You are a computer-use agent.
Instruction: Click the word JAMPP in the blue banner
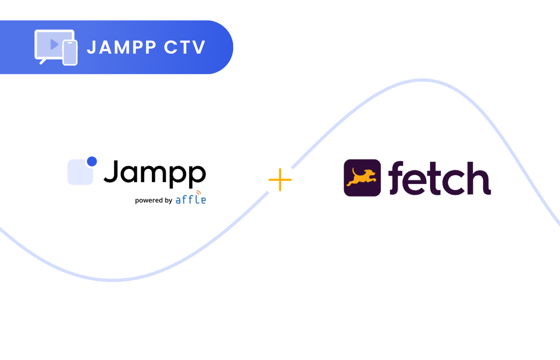(x=122, y=47)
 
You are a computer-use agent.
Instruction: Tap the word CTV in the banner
(x=185, y=47)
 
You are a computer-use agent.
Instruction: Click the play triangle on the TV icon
(x=54, y=44)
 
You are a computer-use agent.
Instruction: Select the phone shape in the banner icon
(x=70, y=53)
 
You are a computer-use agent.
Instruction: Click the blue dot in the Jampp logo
(x=92, y=161)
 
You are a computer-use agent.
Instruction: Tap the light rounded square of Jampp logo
(x=79, y=173)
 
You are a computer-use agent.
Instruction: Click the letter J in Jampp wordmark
(x=112, y=171)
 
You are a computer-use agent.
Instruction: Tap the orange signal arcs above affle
(x=199, y=193)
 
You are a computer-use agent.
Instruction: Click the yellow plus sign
(x=280, y=180)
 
